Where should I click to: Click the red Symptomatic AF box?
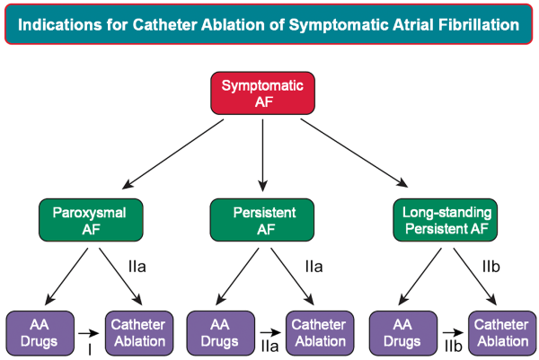262,93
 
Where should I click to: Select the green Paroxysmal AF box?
91,220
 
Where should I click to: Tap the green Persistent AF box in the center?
262,220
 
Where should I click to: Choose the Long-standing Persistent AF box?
446,220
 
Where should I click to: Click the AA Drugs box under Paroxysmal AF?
40,333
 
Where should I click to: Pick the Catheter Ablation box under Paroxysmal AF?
139,333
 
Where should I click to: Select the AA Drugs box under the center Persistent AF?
221,333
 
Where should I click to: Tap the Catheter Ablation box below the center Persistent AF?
320,333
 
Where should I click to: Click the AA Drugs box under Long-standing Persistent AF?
403,333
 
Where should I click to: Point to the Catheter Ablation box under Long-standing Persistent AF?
502,333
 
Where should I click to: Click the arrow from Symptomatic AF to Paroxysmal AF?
172,154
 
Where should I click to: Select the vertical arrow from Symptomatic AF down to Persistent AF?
262,155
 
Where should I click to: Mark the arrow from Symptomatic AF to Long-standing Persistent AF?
354,154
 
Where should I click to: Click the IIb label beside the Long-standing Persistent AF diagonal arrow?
491,267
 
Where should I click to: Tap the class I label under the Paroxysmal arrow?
90,350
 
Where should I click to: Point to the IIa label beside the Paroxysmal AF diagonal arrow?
137,267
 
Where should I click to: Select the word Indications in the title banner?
60,25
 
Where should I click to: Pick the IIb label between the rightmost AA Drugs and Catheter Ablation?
454,347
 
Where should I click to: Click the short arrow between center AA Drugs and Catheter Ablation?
270,332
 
